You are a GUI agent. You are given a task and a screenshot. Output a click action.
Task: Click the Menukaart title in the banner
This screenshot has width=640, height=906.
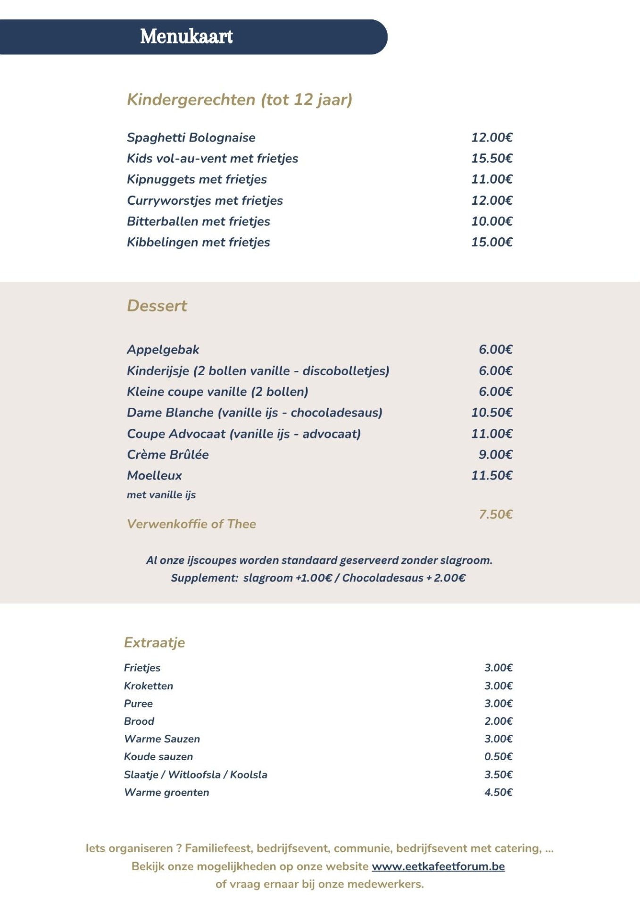click(x=186, y=37)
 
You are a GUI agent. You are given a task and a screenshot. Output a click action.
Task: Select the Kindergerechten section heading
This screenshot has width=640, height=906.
click(x=239, y=100)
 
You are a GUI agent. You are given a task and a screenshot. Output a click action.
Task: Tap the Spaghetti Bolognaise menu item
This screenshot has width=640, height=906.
click(x=191, y=138)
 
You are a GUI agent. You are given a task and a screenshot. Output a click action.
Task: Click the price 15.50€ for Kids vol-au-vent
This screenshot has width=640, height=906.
click(x=491, y=159)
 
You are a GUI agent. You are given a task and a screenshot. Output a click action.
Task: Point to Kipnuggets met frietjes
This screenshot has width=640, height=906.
click(x=197, y=179)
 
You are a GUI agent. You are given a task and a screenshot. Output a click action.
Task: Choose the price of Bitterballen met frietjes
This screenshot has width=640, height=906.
click(x=491, y=221)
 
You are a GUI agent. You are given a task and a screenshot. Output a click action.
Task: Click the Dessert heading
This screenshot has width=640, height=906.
click(x=157, y=306)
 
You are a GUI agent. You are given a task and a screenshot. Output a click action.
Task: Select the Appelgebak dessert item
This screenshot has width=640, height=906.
click(x=163, y=350)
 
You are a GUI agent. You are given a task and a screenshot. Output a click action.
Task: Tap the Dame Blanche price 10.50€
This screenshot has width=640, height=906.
click(x=491, y=412)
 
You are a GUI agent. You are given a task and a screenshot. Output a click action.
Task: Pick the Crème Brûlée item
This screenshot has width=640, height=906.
click(x=167, y=454)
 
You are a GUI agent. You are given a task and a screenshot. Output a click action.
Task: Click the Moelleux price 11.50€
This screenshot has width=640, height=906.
click(x=491, y=476)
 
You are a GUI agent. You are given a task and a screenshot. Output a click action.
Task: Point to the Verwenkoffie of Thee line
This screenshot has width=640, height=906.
click(x=191, y=524)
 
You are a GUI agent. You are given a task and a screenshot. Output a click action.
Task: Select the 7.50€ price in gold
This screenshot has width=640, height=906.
click(x=495, y=514)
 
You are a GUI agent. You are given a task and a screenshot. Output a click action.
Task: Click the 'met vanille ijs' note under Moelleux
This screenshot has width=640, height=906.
click(x=161, y=495)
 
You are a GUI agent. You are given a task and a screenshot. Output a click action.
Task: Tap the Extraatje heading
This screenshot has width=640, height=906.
click(x=154, y=643)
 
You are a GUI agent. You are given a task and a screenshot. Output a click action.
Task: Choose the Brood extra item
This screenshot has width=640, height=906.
click(x=139, y=721)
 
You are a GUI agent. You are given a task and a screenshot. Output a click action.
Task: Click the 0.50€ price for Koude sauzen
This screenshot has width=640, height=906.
click(x=498, y=756)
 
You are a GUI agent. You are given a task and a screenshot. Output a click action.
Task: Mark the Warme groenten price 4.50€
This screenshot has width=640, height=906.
click(x=498, y=792)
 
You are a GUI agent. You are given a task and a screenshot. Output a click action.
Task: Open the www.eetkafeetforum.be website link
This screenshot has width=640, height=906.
click(x=438, y=866)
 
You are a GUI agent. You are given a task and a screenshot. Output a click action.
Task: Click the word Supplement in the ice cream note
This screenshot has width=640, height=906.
click(x=204, y=578)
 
